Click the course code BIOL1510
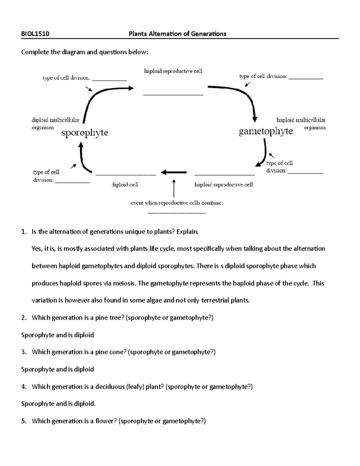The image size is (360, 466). tap(35, 34)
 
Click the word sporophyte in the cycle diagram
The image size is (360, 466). tap(85, 133)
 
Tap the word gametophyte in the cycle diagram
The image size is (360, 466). tap(266, 131)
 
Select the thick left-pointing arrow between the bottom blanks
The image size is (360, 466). tap(174, 172)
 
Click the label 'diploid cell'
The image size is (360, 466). tap(125, 185)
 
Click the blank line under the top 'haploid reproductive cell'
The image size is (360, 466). tap(173, 95)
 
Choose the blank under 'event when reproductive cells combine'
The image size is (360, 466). tap(177, 213)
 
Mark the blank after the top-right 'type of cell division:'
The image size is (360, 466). tap(306, 79)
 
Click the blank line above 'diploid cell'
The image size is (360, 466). tap(126, 174)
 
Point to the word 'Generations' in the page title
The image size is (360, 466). tap(208, 34)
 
